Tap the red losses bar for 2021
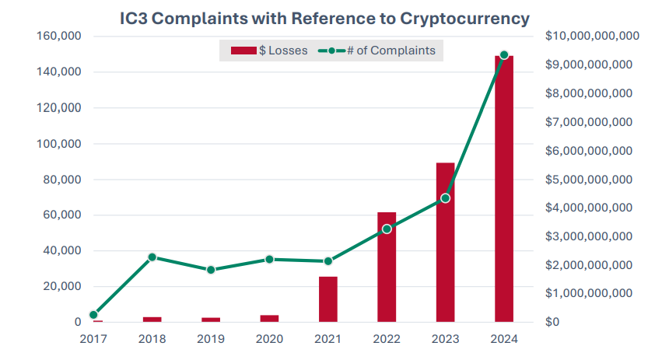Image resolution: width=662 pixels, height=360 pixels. (328, 299)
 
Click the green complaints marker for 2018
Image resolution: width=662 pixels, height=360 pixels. (152, 257)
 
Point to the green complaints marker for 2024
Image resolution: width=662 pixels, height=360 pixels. (504, 55)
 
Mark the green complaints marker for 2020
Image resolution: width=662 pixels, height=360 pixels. (269, 260)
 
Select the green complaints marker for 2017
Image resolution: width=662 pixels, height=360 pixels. (94, 315)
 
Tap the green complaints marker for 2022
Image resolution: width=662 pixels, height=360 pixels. (387, 229)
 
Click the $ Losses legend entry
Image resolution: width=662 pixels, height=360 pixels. (269, 51)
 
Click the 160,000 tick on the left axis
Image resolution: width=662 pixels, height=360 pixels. (59, 37)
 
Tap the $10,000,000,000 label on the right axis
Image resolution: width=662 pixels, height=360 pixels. (592, 37)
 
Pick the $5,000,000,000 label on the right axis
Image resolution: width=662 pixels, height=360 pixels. (589, 180)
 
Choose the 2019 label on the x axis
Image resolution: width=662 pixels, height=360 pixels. (211, 339)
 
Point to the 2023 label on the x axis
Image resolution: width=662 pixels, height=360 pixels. (445, 339)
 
